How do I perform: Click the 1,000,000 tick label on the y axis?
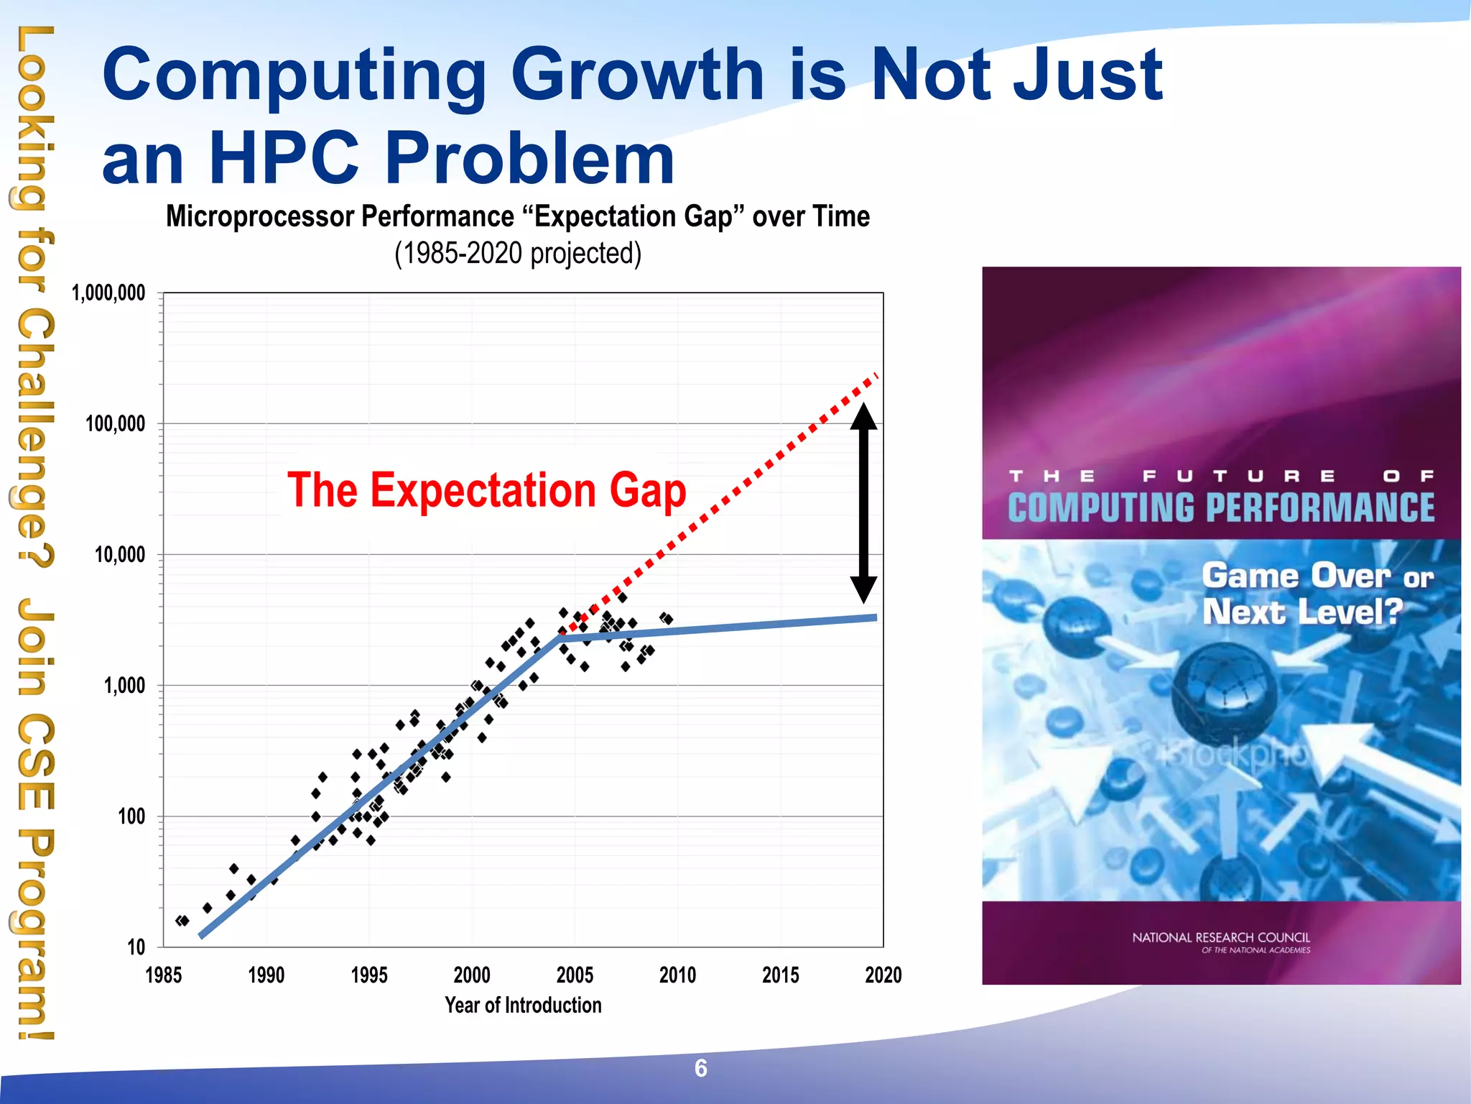coord(108,293)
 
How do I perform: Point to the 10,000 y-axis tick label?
coord(119,555)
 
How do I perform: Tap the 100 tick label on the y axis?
coord(131,816)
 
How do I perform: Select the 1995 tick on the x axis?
coord(369,975)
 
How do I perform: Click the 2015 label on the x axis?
coord(780,975)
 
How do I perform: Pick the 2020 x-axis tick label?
coord(883,975)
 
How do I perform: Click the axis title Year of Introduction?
coord(523,1005)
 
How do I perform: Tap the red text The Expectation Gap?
coord(486,490)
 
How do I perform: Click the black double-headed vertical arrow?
coord(863,503)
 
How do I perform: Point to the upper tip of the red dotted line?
coord(875,375)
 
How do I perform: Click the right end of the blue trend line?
coord(874,617)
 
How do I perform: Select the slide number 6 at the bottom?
coord(701,1069)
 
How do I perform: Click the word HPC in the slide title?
coord(284,158)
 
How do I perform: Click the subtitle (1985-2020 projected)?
coord(517,254)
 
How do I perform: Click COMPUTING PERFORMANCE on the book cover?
coord(1220,507)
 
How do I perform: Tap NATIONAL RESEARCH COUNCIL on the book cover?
coord(1220,937)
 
